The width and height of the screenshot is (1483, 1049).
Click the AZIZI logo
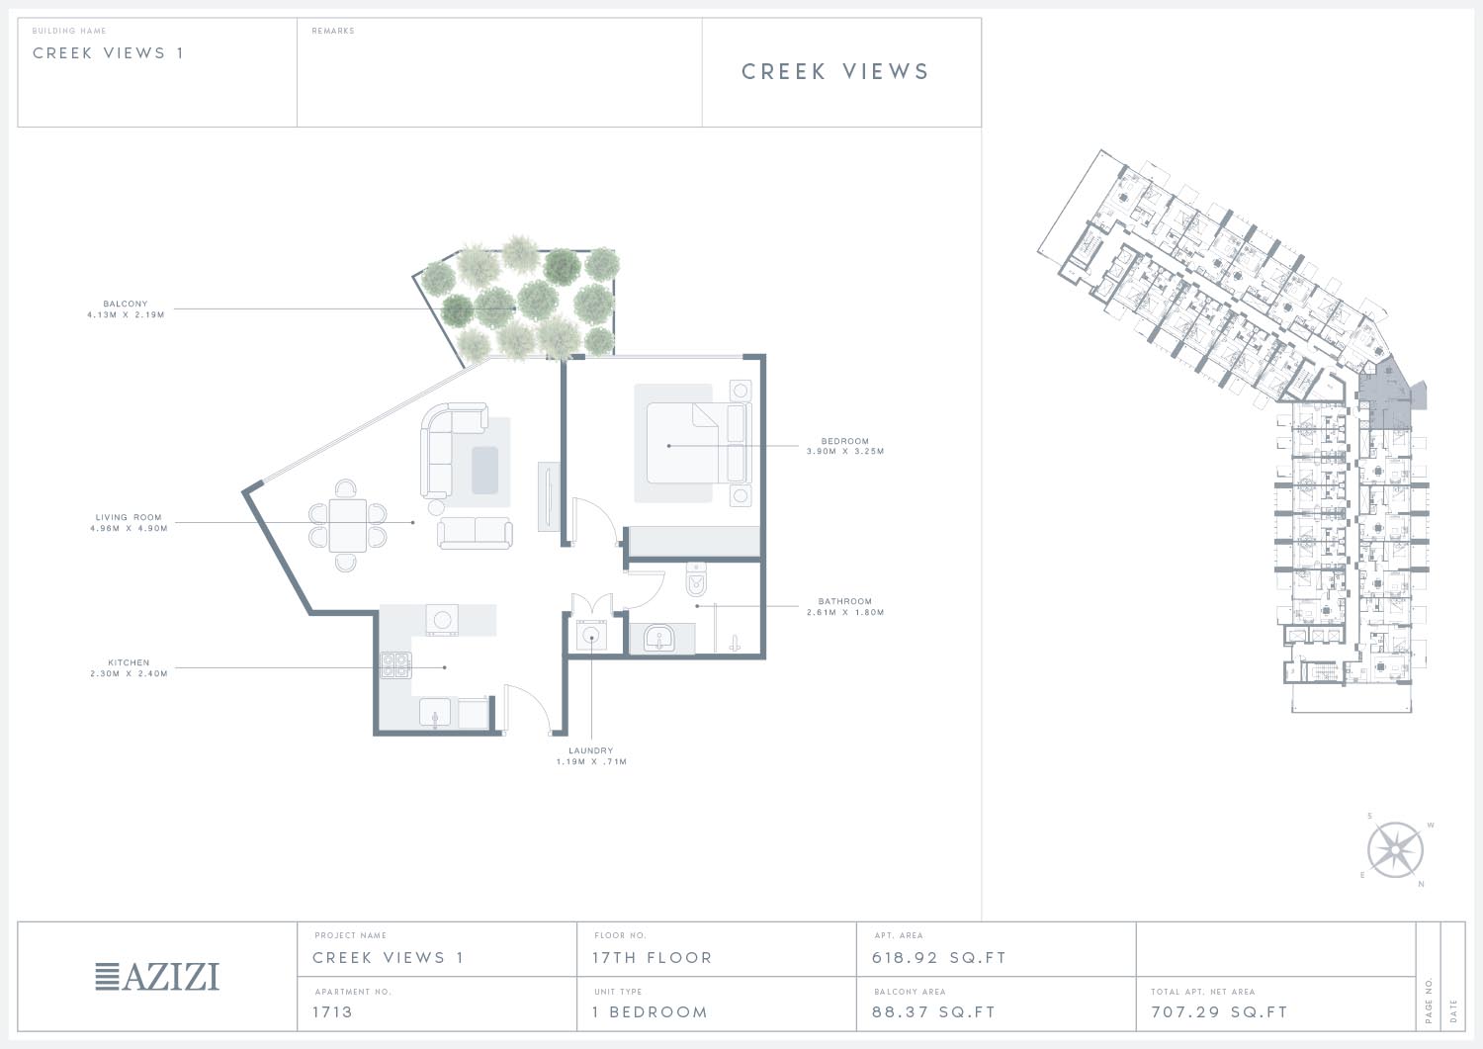tap(157, 977)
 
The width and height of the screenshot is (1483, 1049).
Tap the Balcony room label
tap(126, 304)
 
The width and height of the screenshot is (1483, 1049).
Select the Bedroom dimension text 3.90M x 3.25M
tap(844, 452)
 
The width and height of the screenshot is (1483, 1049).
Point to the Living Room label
tap(129, 518)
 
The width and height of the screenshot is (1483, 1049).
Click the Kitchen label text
tap(129, 662)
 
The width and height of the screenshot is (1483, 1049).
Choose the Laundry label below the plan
tap(590, 751)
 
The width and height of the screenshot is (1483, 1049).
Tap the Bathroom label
tap(844, 602)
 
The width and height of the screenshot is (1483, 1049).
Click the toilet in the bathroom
tap(696, 579)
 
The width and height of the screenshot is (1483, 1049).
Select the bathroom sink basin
tap(658, 639)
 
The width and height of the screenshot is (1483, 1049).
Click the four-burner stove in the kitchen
tap(395, 665)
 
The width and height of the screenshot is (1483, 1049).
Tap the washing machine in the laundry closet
tap(590, 636)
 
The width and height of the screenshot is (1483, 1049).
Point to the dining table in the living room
tap(348, 525)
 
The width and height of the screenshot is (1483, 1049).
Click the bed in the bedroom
tap(692, 442)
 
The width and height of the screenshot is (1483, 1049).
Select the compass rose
tap(1395, 849)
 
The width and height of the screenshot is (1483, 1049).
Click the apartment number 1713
tap(332, 1012)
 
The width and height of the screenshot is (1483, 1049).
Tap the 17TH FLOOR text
tap(653, 958)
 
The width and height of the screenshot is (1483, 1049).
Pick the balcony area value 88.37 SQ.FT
tap(933, 1012)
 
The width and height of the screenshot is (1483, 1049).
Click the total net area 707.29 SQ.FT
tap(1219, 1012)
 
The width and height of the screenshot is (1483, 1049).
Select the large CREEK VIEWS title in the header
tap(835, 71)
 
